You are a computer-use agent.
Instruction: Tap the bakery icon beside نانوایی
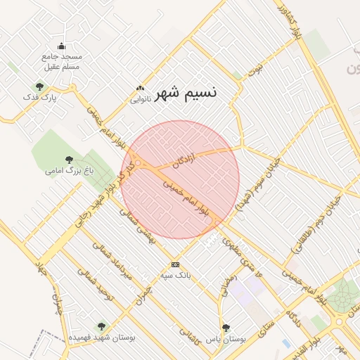(141, 89)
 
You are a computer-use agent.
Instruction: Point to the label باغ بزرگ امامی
(69, 170)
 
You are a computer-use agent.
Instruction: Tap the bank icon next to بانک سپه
(175, 264)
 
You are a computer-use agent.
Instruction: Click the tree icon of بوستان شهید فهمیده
(102, 326)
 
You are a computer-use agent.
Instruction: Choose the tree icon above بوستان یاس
(226, 328)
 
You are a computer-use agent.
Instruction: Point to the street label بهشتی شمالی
(138, 226)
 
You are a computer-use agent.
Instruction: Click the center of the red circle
(180, 179)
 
